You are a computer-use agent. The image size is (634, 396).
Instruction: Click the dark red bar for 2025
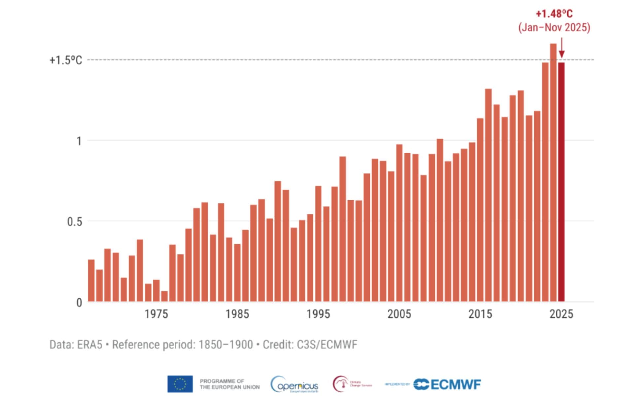pos(561,181)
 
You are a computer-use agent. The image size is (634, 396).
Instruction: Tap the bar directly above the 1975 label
pos(156,291)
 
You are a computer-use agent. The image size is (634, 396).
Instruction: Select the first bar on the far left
pos(91,280)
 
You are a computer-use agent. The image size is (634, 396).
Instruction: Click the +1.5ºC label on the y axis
pos(66,60)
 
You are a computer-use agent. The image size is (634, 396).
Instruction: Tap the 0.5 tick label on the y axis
pos(74,221)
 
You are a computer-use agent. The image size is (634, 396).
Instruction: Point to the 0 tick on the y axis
pos(79,302)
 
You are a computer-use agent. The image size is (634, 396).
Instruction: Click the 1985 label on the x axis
pos(237,314)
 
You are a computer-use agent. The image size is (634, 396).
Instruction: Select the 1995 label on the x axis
pos(318,314)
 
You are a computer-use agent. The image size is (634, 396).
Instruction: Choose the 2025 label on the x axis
pos(561,314)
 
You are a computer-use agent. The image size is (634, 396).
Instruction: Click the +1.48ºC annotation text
pos(554,14)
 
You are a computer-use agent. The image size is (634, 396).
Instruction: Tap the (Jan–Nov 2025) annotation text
pos(554,27)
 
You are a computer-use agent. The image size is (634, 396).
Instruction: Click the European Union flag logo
pos(180,384)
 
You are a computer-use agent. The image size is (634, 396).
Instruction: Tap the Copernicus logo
pos(295,384)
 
